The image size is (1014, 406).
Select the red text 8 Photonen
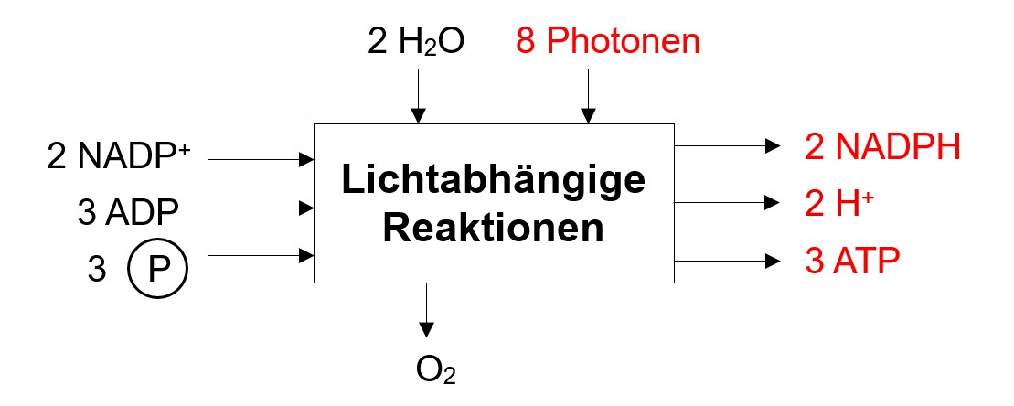point(609,41)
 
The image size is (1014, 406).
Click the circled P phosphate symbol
point(156,268)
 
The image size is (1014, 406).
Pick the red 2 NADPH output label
point(882,146)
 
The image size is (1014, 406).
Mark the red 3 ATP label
point(852,260)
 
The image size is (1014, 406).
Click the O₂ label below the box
point(435,372)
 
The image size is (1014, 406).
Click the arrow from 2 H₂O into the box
point(418,95)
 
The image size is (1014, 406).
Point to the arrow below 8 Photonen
point(587,95)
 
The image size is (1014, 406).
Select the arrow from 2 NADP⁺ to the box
point(262,159)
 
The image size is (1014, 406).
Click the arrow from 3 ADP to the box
point(262,208)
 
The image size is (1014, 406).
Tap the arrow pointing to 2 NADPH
point(726,145)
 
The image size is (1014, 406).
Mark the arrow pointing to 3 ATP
point(726,261)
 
